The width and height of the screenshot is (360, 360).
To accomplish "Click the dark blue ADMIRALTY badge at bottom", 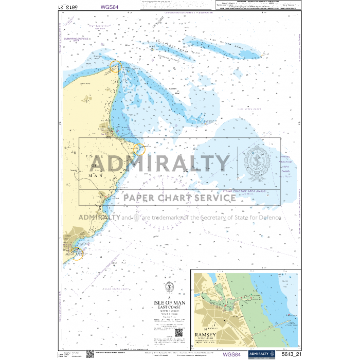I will click(261, 354).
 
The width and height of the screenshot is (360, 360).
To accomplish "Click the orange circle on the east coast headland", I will click(139, 149).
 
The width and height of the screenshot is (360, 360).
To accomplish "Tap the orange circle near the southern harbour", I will click(77, 253).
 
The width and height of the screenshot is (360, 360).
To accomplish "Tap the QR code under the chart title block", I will click(178, 333).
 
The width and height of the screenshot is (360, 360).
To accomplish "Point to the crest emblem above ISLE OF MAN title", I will click(168, 287).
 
